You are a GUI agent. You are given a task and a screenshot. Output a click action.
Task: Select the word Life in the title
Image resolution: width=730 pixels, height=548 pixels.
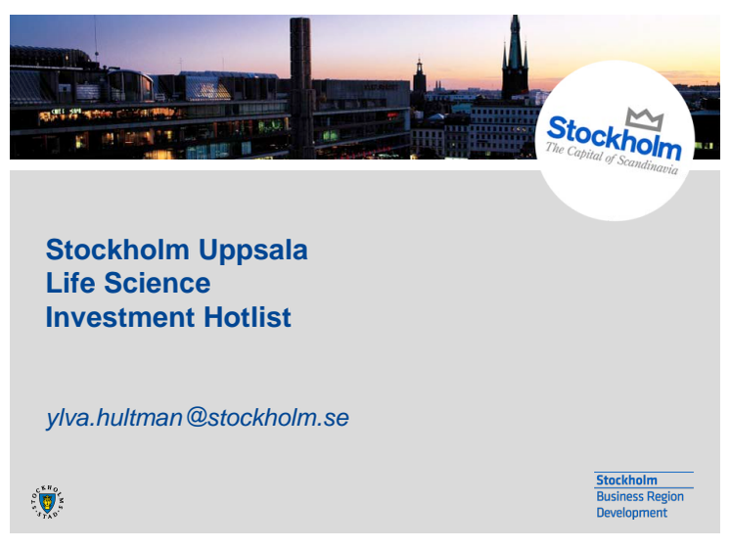pyautogui.click(x=70, y=283)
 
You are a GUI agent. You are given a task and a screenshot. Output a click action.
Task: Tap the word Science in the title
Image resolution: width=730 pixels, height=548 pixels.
pyautogui.click(x=157, y=283)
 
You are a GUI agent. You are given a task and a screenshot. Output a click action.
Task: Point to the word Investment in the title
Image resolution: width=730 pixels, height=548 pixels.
pyautogui.click(x=120, y=317)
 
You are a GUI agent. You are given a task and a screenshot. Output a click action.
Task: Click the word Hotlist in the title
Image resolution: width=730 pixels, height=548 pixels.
pyautogui.click(x=248, y=317)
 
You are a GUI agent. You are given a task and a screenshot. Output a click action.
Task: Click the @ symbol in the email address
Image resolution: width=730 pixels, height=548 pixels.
pyautogui.click(x=197, y=417)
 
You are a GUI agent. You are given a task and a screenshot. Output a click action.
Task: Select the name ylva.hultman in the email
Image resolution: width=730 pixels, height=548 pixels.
pyautogui.click(x=114, y=417)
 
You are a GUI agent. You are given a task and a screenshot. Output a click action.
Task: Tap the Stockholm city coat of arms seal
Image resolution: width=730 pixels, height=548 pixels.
pyautogui.click(x=48, y=502)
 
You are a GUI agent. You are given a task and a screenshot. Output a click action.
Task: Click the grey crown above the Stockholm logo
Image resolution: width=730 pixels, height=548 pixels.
pyautogui.click(x=644, y=118)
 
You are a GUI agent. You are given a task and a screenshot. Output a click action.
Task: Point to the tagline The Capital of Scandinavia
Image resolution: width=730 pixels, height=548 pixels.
pyautogui.click(x=612, y=159)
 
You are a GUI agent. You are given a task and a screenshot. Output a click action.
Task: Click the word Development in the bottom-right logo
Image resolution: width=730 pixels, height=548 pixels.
pyautogui.click(x=632, y=513)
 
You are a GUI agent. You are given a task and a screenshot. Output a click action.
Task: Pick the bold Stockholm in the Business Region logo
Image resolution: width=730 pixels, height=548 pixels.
pyautogui.click(x=626, y=480)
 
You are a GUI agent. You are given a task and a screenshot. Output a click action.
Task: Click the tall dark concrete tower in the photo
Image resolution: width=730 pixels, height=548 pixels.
pyautogui.click(x=300, y=88)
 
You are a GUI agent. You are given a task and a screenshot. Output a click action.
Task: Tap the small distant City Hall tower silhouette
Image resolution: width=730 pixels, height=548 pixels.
pyautogui.click(x=419, y=77)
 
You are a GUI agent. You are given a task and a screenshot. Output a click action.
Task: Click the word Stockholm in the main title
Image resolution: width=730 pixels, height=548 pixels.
pyautogui.click(x=117, y=250)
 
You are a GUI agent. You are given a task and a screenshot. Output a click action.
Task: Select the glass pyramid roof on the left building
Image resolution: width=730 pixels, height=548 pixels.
pyautogui.click(x=207, y=87)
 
